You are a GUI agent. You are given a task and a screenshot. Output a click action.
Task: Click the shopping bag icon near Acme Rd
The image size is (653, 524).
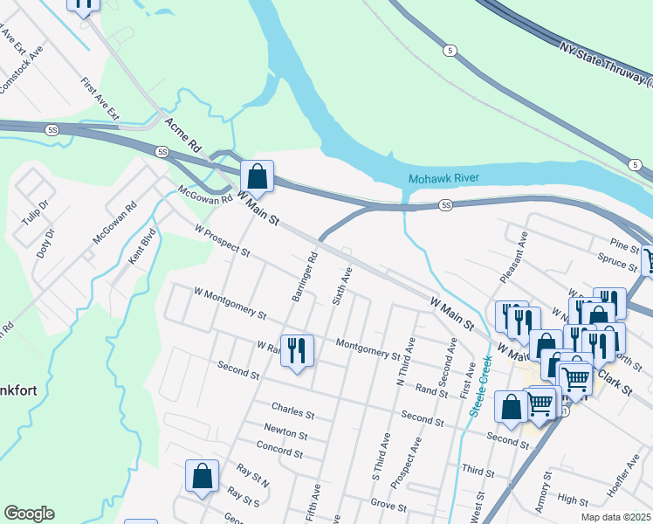[257, 176]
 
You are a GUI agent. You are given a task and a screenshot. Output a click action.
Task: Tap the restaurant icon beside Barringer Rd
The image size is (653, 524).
[297, 351]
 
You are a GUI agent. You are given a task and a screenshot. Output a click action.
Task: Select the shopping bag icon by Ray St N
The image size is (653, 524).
[202, 477]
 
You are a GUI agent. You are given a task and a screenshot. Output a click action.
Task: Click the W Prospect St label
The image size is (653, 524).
[223, 244]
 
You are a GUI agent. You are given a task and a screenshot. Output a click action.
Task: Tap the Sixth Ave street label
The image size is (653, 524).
[341, 286]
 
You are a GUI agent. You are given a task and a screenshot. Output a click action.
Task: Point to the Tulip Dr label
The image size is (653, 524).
[34, 211]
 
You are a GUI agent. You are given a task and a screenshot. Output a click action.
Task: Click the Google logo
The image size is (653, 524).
[29, 514]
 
